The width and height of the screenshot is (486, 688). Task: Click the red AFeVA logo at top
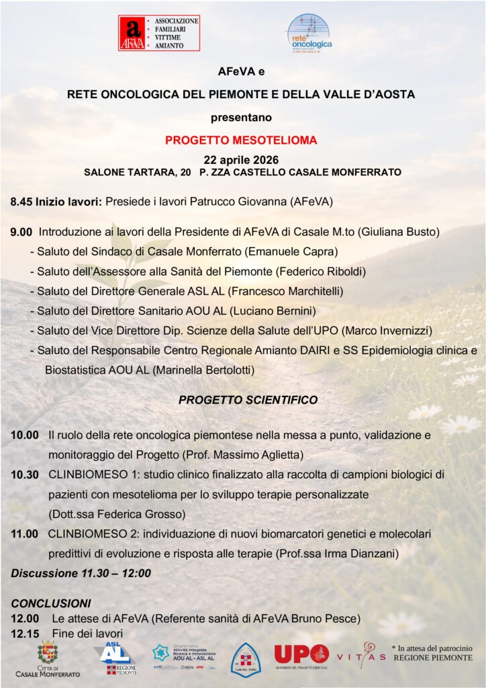point(159,33)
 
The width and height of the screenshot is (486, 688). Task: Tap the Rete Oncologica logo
point(309,32)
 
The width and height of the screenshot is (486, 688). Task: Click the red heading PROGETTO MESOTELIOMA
point(241,141)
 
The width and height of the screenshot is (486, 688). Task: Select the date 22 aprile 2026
point(241,159)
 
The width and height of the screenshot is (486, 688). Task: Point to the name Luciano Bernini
point(271,310)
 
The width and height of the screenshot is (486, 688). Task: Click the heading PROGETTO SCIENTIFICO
point(248,400)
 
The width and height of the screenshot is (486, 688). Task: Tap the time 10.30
point(24,474)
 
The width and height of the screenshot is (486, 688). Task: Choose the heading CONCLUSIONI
point(51,603)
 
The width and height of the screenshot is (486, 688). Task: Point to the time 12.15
point(24,633)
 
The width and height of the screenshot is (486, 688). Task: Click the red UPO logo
point(301,654)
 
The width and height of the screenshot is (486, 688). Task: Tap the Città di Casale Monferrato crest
point(47,653)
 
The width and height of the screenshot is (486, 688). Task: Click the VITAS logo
point(360,655)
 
